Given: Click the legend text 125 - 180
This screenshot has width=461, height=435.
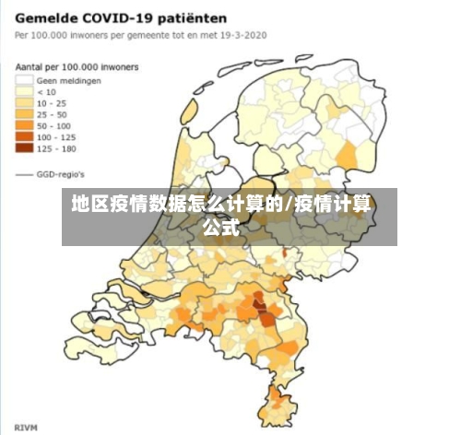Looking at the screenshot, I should point(56,147).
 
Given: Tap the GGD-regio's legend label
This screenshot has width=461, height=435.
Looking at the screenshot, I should point(61,172).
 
